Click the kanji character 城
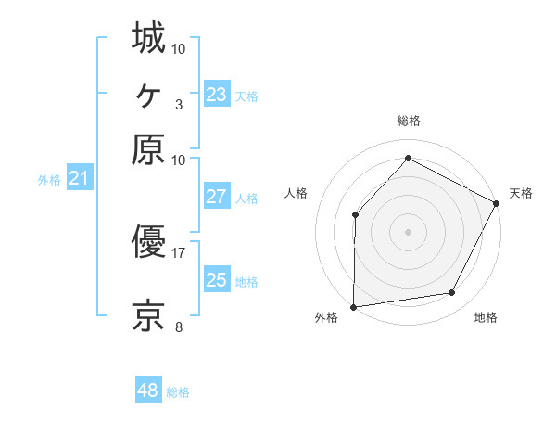pyautogui.click(x=148, y=39)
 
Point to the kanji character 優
pyautogui.click(x=148, y=243)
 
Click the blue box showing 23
pyautogui.click(x=216, y=95)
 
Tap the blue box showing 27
pyautogui.click(x=216, y=197)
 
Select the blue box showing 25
pyautogui.click(x=216, y=280)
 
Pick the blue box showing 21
pyautogui.click(x=79, y=178)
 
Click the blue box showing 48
pyautogui.click(x=147, y=391)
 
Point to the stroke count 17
pyautogui.click(x=179, y=251)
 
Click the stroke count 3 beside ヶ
pyautogui.click(x=179, y=103)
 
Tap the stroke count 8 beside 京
pyautogui.click(x=179, y=327)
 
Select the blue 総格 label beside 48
pyautogui.click(x=178, y=392)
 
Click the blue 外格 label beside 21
pyautogui.click(x=49, y=180)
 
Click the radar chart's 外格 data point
pyautogui.click(x=353, y=306)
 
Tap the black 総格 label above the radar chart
pyautogui.click(x=408, y=121)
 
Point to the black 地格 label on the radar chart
pyautogui.click(x=486, y=318)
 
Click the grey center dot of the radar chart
pyautogui.click(x=408, y=231)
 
